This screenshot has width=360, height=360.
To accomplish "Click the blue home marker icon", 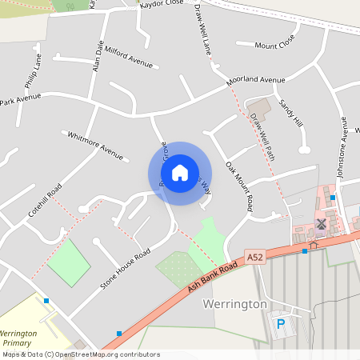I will tap(180, 172).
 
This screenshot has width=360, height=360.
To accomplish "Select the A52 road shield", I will tap(254, 257).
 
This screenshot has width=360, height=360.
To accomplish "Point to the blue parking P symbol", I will tap(280, 324).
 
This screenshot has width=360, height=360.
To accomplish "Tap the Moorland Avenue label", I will tap(255, 80).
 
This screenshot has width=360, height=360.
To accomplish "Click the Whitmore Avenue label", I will tap(95, 145).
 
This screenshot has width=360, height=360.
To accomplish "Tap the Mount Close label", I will tap(275, 42).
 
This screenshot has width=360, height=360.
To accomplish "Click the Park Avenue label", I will tap(21, 100).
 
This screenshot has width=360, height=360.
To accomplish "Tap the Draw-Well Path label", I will tap(262, 136).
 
